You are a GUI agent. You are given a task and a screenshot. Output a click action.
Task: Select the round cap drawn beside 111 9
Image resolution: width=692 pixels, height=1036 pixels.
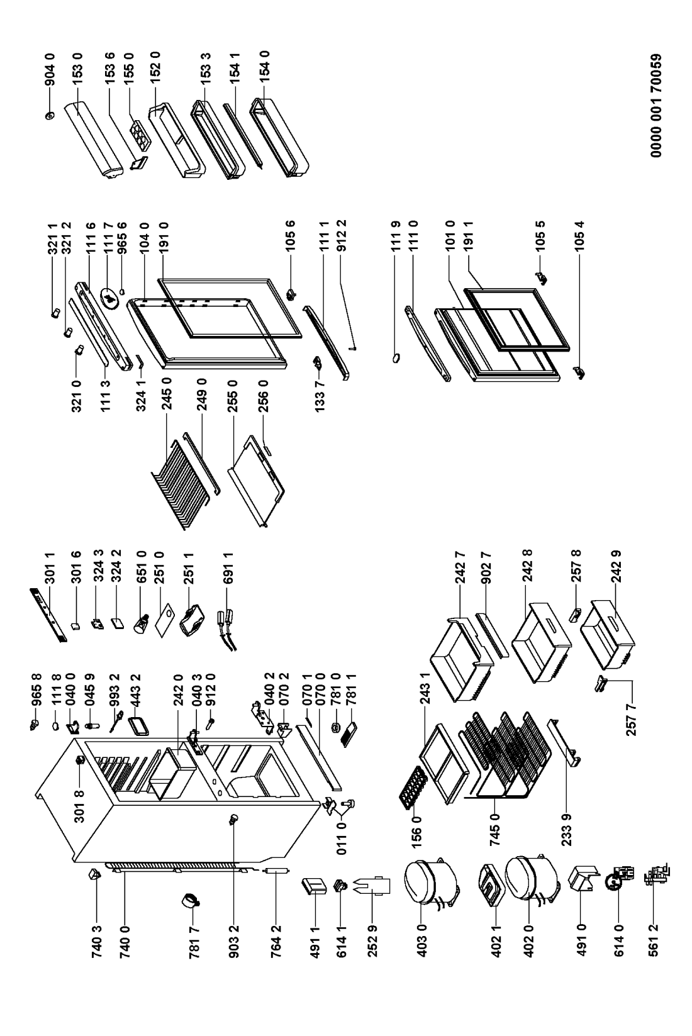click(x=396, y=357)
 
